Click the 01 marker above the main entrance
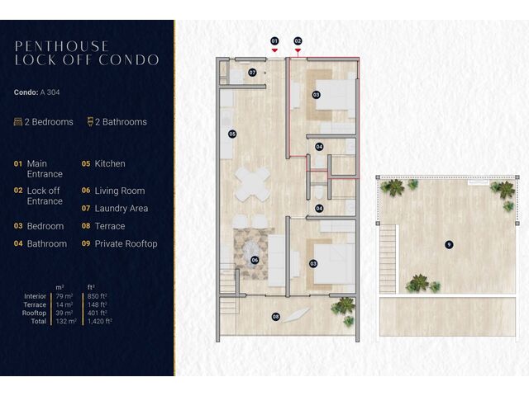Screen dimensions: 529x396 tap(274, 41)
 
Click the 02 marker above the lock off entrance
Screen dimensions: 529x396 tap(298, 41)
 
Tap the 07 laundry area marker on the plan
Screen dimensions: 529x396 tap(252, 73)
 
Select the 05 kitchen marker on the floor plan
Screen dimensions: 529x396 tap(232, 134)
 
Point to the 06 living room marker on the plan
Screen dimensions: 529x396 tap(255, 260)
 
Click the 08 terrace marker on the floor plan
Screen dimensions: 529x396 tap(276, 317)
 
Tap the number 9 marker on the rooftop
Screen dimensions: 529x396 tap(449, 244)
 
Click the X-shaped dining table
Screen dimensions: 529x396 tap(253, 184)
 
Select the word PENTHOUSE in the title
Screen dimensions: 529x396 tap(62, 46)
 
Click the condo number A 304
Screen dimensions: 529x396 tap(50, 92)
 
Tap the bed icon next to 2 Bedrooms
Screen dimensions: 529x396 tap(18, 121)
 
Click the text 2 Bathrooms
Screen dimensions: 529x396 tap(121, 122)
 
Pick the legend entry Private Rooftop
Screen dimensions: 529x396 tap(126, 244)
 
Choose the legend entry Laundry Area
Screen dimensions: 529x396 tap(122, 209)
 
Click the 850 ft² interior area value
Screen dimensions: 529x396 tap(98, 296)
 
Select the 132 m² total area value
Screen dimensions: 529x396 tap(66, 321)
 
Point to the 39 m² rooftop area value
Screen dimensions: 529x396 tap(64, 313)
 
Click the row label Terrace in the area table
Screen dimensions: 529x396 tap(35, 304)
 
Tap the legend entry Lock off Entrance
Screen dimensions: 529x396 tap(45, 196)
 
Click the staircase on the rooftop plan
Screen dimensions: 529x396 tap(388, 259)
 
